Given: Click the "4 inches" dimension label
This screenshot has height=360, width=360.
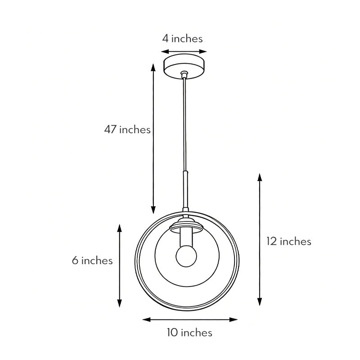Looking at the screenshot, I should click(x=182, y=39).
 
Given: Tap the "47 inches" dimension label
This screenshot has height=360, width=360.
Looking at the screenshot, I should click(x=127, y=130).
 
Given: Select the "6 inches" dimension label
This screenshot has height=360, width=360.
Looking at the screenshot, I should click(x=92, y=260).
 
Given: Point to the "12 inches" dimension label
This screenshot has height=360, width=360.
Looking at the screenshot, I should click(x=288, y=241).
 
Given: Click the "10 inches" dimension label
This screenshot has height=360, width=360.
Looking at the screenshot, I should click(x=189, y=333).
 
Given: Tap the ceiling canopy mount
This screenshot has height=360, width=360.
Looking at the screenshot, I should click(x=184, y=66).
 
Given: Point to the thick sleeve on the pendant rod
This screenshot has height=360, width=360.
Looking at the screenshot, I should click(x=184, y=189).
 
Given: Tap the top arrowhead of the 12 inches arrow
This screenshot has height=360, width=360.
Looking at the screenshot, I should click(x=260, y=177).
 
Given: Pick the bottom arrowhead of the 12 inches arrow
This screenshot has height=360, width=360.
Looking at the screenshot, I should click(x=260, y=302).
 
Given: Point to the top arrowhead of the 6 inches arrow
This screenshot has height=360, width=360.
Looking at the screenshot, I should click(x=120, y=228).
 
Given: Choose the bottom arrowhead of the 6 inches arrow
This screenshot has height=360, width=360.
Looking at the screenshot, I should click(x=120, y=304).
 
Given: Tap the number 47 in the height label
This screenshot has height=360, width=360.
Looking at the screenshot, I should click(x=111, y=130).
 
